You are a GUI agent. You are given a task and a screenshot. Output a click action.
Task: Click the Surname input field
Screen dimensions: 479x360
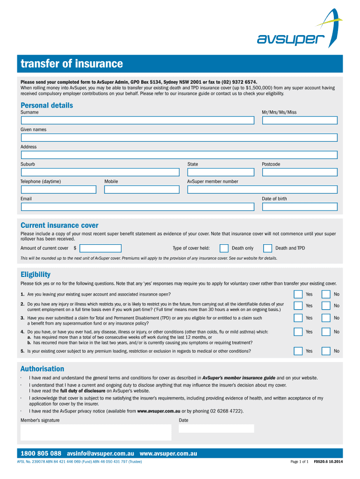point(137,120)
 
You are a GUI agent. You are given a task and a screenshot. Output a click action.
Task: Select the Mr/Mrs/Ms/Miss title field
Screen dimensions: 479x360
point(299,120)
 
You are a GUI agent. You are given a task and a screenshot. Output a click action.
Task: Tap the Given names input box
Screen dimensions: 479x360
point(179,138)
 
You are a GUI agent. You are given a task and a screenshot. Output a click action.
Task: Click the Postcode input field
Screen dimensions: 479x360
point(299,172)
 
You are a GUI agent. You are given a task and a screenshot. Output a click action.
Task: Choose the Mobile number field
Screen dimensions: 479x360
point(142,189)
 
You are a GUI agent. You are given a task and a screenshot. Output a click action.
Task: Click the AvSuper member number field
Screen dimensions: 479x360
point(262,189)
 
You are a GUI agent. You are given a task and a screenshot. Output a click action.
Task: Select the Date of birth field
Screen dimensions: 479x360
point(299,207)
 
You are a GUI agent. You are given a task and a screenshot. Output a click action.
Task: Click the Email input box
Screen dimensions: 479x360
point(137,207)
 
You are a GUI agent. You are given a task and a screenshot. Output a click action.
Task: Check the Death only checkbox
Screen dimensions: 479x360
point(224,248)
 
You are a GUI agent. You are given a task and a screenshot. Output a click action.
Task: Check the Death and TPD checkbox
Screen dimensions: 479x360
point(267,248)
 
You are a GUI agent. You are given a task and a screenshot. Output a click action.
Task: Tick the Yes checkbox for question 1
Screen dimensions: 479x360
point(298,294)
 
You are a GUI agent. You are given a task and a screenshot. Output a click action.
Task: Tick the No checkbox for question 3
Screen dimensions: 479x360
point(326,318)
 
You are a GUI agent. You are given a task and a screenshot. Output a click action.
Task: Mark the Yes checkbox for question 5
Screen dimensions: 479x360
point(298,351)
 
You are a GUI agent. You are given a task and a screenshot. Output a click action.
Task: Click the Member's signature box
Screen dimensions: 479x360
point(96,432)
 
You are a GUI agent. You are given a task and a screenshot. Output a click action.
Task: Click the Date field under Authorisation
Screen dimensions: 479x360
point(216,428)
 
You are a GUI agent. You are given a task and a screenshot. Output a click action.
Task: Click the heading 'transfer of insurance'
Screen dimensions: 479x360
point(72,64)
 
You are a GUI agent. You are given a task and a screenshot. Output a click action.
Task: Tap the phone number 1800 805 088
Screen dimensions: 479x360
point(41,454)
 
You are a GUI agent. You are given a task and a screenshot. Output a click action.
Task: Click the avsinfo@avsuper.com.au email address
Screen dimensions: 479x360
point(101,454)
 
